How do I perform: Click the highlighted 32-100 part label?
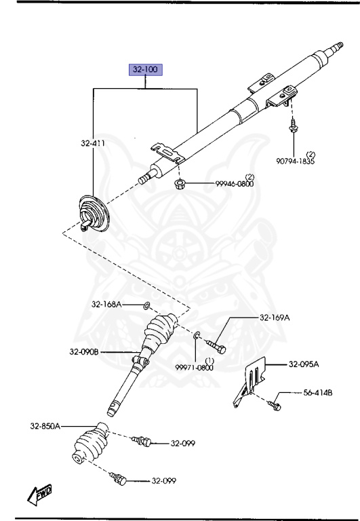pyautogui.click(x=146, y=69)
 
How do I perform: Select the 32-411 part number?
pyautogui.click(x=93, y=143)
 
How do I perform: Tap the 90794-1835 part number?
pyautogui.click(x=295, y=161)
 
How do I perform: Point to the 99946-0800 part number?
pyautogui.click(x=235, y=184)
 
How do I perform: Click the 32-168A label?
pyautogui.click(x=106, y=304)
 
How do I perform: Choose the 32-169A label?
pyautogui.click(x=275, y=317)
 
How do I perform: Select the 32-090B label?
pyautogui.click(x=84, y=351)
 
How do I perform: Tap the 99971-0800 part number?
pyautogui.click(x=195, y=368)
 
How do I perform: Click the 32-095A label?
pyautogui.click(x=304, y=364)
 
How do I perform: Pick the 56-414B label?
pyautogui.click(x=318, y=393)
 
